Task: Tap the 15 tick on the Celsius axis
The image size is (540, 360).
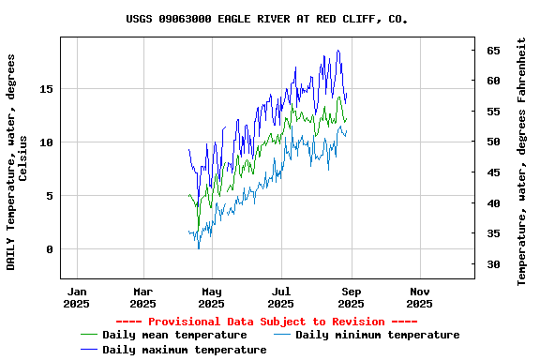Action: point(48,89)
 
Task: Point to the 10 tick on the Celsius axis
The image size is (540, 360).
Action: point(48,142)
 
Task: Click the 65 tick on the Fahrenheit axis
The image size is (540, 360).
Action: point(492,51)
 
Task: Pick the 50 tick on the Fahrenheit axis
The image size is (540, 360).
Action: point(492,142)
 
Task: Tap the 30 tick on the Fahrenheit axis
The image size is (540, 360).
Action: point(492,264)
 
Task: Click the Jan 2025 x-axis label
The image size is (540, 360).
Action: point(76,297)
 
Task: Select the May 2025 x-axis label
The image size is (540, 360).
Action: point(212,297)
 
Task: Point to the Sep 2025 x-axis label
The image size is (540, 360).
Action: point(351,297)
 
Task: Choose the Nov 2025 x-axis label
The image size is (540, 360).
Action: point(420,297)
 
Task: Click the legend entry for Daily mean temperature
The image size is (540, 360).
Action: point(174,335)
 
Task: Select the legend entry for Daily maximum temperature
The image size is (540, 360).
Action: point(184,350)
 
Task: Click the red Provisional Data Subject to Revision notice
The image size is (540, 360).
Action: point(272,322)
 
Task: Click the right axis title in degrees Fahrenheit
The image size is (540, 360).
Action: point(521,162)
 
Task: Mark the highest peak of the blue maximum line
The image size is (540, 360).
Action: point(337,51)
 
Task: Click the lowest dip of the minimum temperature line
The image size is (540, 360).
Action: point(199,247)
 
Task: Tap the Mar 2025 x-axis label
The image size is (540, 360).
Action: point(142,297)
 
